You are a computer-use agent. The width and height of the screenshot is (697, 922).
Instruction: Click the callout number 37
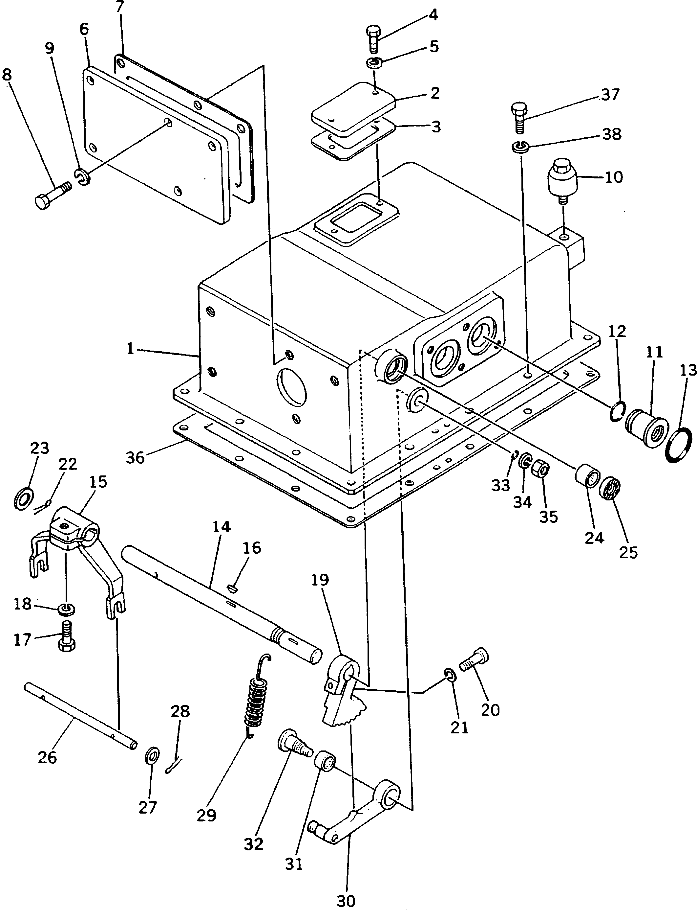(x=610, y=95)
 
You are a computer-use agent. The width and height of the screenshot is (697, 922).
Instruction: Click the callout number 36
(x=135, y=457)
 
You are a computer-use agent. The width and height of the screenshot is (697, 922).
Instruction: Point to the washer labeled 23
(x=22, y=498)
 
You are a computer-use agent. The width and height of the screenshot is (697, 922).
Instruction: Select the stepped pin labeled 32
(x=295, y=747)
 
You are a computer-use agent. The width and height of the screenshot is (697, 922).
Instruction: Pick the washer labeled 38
(x=519, y=146)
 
